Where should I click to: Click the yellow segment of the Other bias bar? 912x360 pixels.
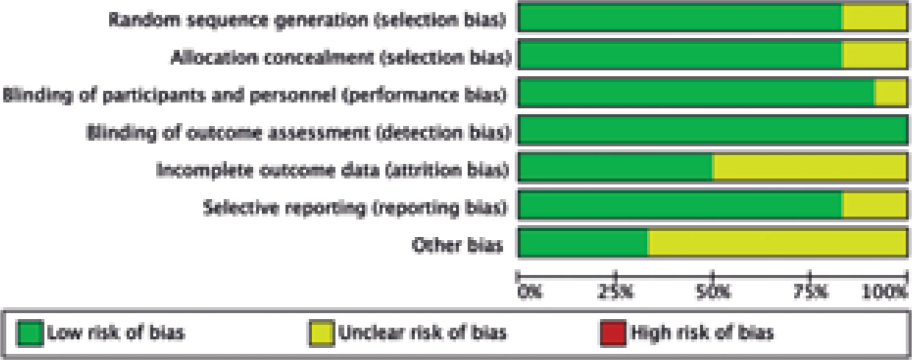click(776, 242)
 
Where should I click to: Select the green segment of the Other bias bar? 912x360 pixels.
click(583, 242)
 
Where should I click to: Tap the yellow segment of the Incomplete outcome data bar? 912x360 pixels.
click(809, 168)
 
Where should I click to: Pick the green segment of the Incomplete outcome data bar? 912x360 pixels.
click(615, 168)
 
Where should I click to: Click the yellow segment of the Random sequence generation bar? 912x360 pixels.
click(874, 18)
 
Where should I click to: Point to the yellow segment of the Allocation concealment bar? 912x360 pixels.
click(874, 55)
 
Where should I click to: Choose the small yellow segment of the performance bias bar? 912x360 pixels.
click(891, 93)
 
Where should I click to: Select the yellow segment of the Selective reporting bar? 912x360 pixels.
click(874, 205)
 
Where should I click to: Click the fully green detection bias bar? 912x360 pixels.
click(712, 131)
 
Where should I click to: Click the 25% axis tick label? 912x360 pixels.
click(616, 291)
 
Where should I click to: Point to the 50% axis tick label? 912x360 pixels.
click(713, 291)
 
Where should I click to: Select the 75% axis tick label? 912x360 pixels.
click(810, 291)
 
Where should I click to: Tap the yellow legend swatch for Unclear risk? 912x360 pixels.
click(321, 334)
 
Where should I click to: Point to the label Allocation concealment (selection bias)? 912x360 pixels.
click(340, 57)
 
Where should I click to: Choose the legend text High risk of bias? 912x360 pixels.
click(701, 333)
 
